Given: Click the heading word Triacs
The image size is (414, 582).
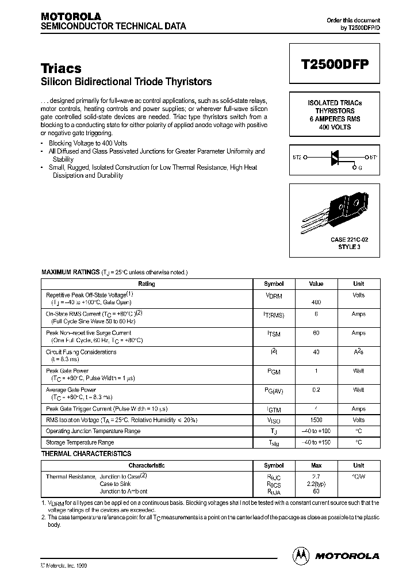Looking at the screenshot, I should coord(61,68).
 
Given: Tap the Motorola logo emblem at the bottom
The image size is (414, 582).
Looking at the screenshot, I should coord(301,556).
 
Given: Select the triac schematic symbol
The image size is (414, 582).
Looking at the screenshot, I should coord(333,156).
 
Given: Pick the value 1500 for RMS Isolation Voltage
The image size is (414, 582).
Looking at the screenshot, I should coord(316,420).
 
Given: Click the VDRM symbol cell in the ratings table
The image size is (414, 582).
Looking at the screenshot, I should coord(274,295).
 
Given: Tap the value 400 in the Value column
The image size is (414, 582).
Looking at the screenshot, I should coord(316,302).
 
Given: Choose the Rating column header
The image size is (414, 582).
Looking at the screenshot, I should coord(147,284).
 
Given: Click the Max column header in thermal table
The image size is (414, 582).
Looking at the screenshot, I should coord(316,465).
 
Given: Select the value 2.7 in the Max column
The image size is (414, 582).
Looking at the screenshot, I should coord(316,477).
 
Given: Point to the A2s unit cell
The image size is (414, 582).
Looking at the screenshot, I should coord(358,352).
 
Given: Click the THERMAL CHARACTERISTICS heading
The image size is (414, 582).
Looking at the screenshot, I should coord(86,454).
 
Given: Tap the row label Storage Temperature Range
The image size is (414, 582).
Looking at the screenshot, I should coord(80,442).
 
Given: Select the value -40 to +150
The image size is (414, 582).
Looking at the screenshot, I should coord(316,442).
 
